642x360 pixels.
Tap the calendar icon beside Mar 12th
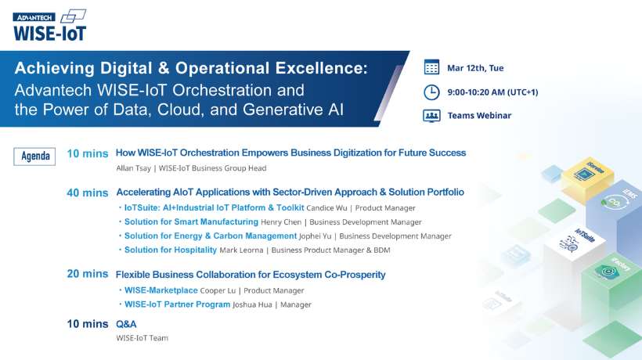click(431, 67)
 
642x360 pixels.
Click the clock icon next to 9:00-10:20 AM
click(431, 92)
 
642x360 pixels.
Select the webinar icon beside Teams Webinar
click(431, 116)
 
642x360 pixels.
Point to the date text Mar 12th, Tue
click(475, 68)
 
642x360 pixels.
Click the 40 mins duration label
click(87, 193)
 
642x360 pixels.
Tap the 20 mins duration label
click(87, 274)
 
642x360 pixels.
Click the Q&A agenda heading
click(126, 322)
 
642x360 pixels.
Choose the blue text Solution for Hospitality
click(171, 250)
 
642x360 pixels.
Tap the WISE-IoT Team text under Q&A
click(142, 338)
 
